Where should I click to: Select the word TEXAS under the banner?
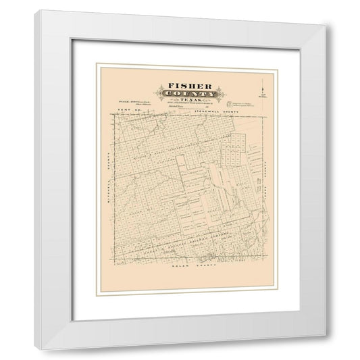(180, 105)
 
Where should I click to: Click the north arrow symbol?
(262, 87)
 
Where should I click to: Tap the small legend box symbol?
(229, 103)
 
